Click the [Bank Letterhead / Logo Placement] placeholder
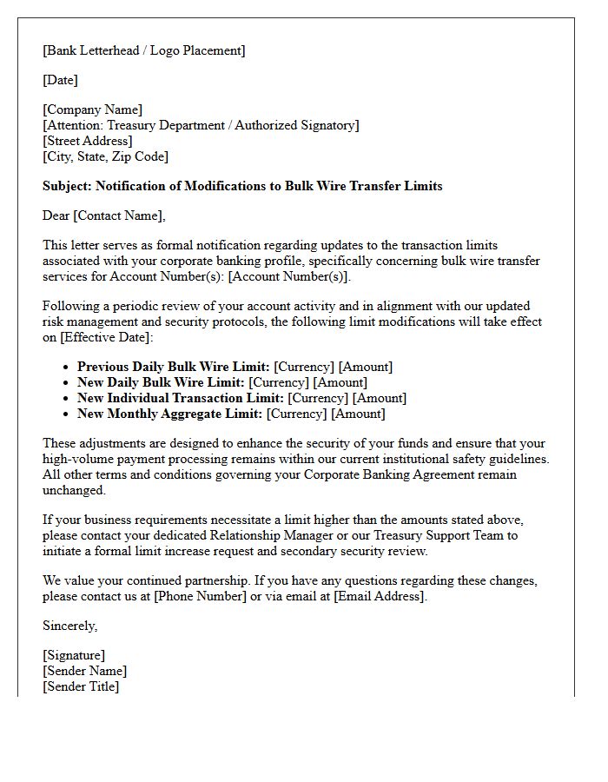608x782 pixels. click(x=144, y=50)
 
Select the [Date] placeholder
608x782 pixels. click(x=61, y=80)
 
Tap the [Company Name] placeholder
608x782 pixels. click(x=93, y=109)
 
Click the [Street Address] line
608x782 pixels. click(x=88, y=141)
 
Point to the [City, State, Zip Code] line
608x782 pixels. click(x=106, y=156)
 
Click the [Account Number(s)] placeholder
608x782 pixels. click(x=289, y=276)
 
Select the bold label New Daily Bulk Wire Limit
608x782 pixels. click(x=161, y=382)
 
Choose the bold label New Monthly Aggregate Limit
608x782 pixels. click(x=169, y=414)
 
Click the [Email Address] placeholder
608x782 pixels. click(x=379, y=596)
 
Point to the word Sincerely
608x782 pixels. click(x=70, y=626)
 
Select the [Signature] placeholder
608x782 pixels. click(x=74, y=655)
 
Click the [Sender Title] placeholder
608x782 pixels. click(x=81, y=686)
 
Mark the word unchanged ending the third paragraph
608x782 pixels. click(x=74, y=490)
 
